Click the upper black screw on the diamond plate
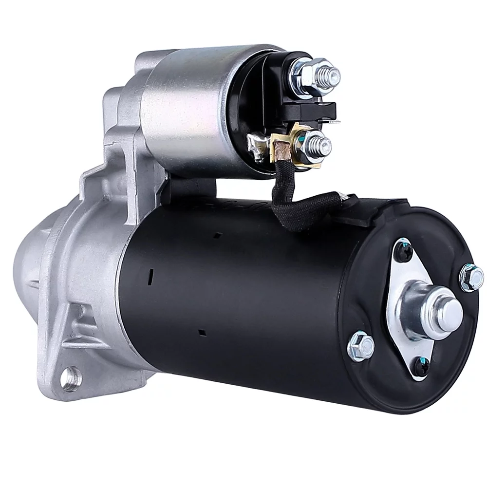click(x=404, y=251)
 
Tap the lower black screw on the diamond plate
click(x=420, y=366)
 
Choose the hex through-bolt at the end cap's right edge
click(x=471, y=278)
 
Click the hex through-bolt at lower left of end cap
click(x=361, y=345)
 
